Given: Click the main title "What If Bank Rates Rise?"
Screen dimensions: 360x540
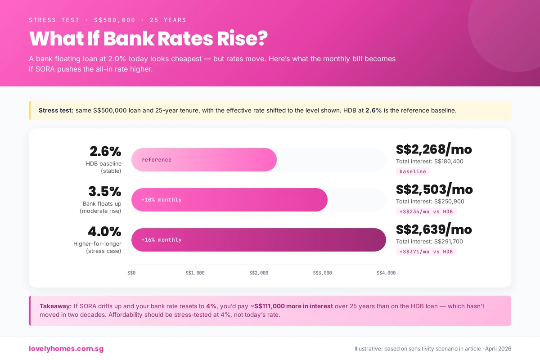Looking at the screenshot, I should pos(148,39).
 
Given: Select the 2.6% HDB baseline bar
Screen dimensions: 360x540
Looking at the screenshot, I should pos(204,160).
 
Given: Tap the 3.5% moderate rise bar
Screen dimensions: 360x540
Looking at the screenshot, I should pos(229,200).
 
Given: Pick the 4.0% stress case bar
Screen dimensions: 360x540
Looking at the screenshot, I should pos(258,240).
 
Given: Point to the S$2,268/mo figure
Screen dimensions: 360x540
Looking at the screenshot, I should pos(434,149).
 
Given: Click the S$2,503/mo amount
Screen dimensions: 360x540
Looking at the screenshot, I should pos(434,189).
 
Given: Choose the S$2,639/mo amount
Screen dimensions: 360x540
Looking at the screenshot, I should pos(434,229).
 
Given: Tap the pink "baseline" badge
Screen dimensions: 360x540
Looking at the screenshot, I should pos(413,171).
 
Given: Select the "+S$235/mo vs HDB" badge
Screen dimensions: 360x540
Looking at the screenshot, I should pos(426,211).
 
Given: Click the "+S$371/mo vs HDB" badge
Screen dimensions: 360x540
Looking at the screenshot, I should pos(426,252).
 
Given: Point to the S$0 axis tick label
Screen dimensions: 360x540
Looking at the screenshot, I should pos(131,273).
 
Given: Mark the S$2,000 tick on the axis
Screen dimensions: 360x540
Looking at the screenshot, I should pos(259,273).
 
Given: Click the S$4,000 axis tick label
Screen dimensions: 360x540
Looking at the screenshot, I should pos(386,273).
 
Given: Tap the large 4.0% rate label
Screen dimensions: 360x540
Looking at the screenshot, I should pos(104,232).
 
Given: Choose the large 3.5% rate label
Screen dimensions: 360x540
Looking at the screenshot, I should pos(105,192).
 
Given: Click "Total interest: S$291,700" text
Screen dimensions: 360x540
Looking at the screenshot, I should pos(429,242).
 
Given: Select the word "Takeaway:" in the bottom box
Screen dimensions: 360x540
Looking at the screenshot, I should pos(56,306).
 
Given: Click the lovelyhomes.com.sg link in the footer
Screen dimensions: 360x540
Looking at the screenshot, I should pos(66,349).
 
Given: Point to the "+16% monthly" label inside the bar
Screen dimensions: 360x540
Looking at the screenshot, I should pos(162,240).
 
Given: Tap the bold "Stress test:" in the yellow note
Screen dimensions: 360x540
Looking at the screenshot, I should pos(56,110).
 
